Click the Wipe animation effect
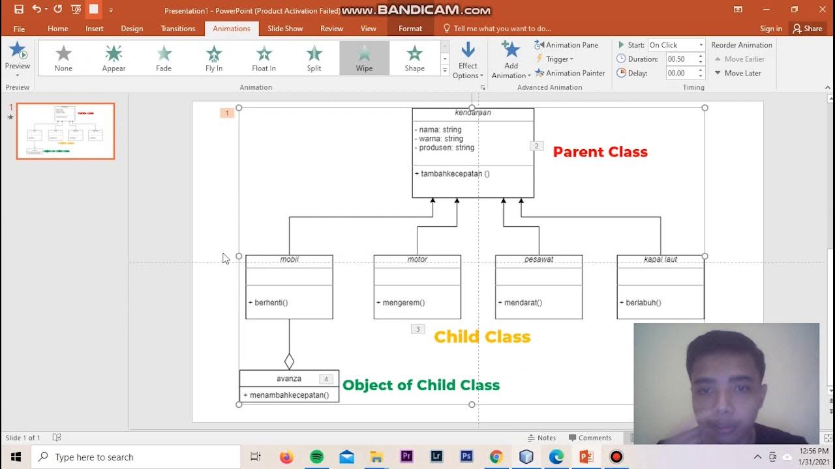pos(364,58)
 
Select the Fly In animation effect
pos(214,58)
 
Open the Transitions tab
pos(177,29)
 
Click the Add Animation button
pos(511,59)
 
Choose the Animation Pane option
pos(566,45)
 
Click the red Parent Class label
pos(600,152)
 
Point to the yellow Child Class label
pos(482,337)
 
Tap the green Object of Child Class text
pos(421,385)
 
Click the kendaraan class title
pos(473,113)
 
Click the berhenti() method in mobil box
pos(268,302)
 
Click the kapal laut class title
pos(660,259)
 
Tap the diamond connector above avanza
pos(289,361)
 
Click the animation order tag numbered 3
pos(417,329)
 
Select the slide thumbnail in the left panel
pos(65,131)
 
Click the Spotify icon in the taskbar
pos(316,457)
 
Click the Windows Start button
pos(16,457)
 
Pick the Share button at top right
pos(807,29)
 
